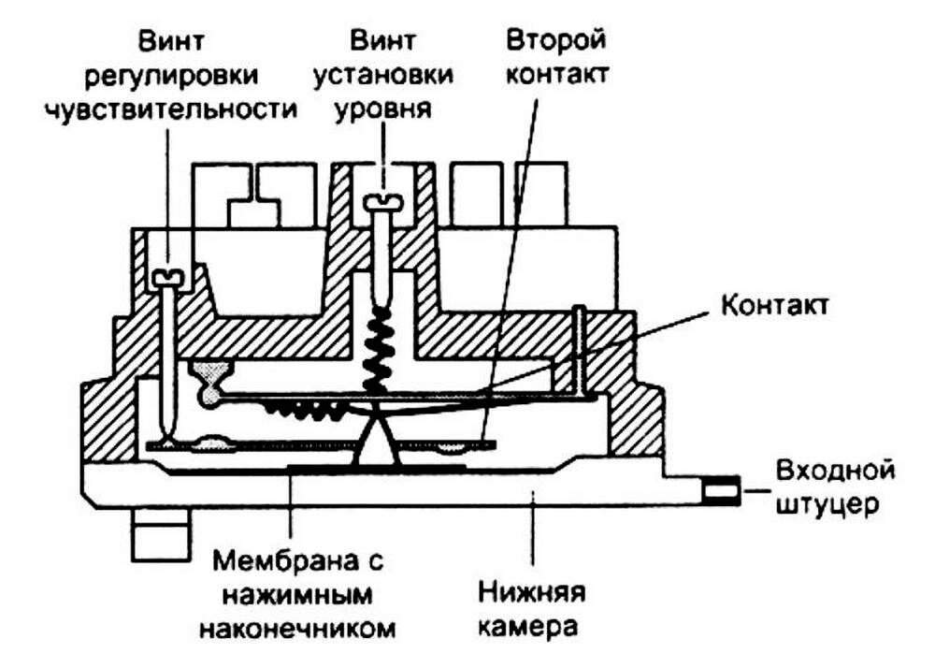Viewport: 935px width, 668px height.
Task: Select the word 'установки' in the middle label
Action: coord(384,76)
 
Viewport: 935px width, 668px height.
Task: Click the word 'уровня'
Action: coord(384,109)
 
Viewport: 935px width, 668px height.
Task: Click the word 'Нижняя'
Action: coord(532,592)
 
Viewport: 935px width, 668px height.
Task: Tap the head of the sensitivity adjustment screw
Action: coord(168,277)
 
